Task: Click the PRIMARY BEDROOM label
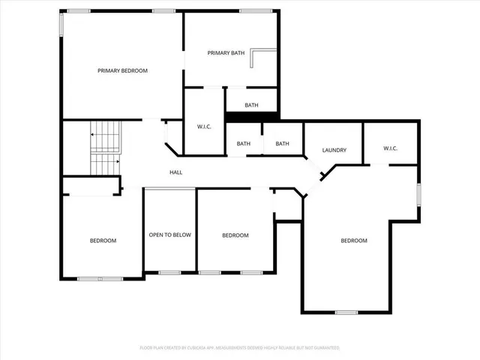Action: [x=122, y=70]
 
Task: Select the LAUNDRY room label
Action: [x=334, y=150]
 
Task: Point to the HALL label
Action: [x=176, y=172]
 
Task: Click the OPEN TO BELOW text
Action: [x=169, y=235]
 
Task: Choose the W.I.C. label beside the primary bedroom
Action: [x=205, y=127]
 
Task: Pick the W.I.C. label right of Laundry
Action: [x=390, y=148]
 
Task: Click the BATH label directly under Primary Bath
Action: [x=251, y=105]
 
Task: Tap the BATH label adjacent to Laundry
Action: [x=282, y=144]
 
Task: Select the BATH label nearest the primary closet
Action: [x=244, y=144]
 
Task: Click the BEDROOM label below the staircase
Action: [x=103, y=241]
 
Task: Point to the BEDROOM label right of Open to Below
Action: [x=235, y=235]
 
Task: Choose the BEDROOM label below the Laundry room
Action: [x=354, y=241]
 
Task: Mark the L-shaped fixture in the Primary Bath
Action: [x=264, y=58]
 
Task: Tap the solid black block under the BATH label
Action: [x=252, y=116]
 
